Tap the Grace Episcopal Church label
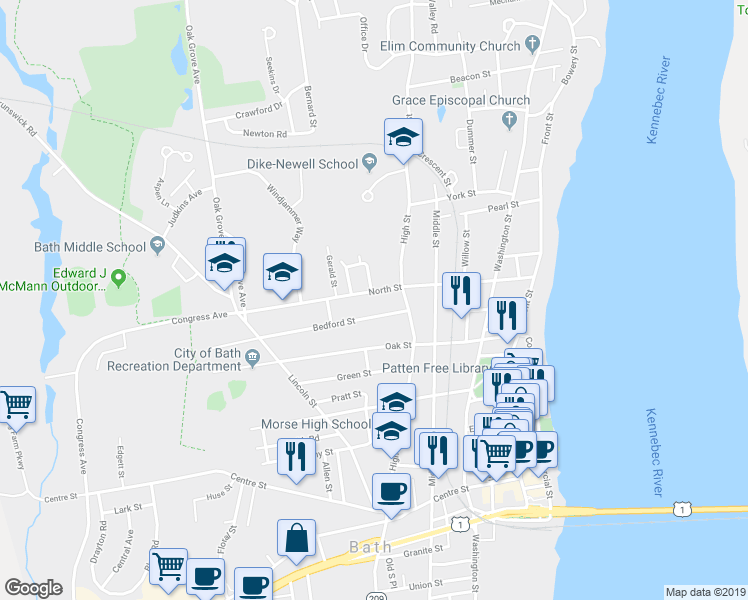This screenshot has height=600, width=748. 447,100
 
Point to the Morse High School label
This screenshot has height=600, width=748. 315,424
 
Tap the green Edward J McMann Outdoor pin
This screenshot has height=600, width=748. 119,277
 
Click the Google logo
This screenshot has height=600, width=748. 33,588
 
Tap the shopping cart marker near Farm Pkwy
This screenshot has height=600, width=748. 17,405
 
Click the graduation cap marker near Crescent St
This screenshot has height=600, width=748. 404,137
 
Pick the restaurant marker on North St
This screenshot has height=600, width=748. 460,291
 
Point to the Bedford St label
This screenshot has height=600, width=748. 333,324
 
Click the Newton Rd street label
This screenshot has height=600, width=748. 265,133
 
